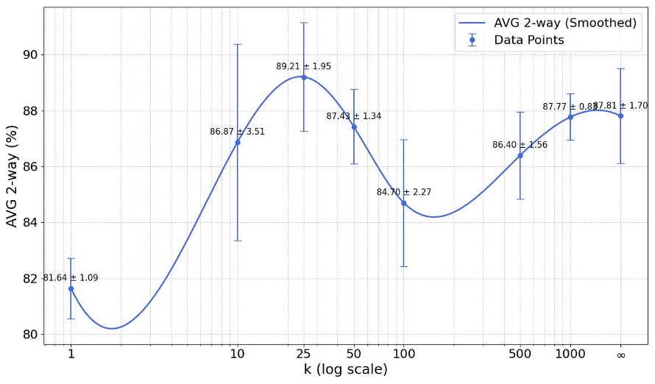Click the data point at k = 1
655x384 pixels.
tap(71, 288)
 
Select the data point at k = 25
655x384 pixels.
tap(303, 77)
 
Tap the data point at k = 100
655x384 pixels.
tap(403, 203)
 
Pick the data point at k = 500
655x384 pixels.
tap(520, 155)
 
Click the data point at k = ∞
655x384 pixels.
tap(620, 115)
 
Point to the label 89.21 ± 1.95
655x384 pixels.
tap(303, 66)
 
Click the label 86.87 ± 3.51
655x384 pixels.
tap(237, 132)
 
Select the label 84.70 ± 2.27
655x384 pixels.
tap(403, 192)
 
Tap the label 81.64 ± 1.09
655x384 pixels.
tap(71, 278)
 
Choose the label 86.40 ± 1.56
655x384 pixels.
tap(520, 145)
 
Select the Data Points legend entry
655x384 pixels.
tap(529, 40)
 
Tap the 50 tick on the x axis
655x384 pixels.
tap(353, 354)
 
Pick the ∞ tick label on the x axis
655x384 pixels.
tap(620, 354)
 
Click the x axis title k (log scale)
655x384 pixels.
tap(346, 369)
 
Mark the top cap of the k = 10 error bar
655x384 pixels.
tap(237, 44)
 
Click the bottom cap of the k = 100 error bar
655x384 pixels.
tap(403, 266)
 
